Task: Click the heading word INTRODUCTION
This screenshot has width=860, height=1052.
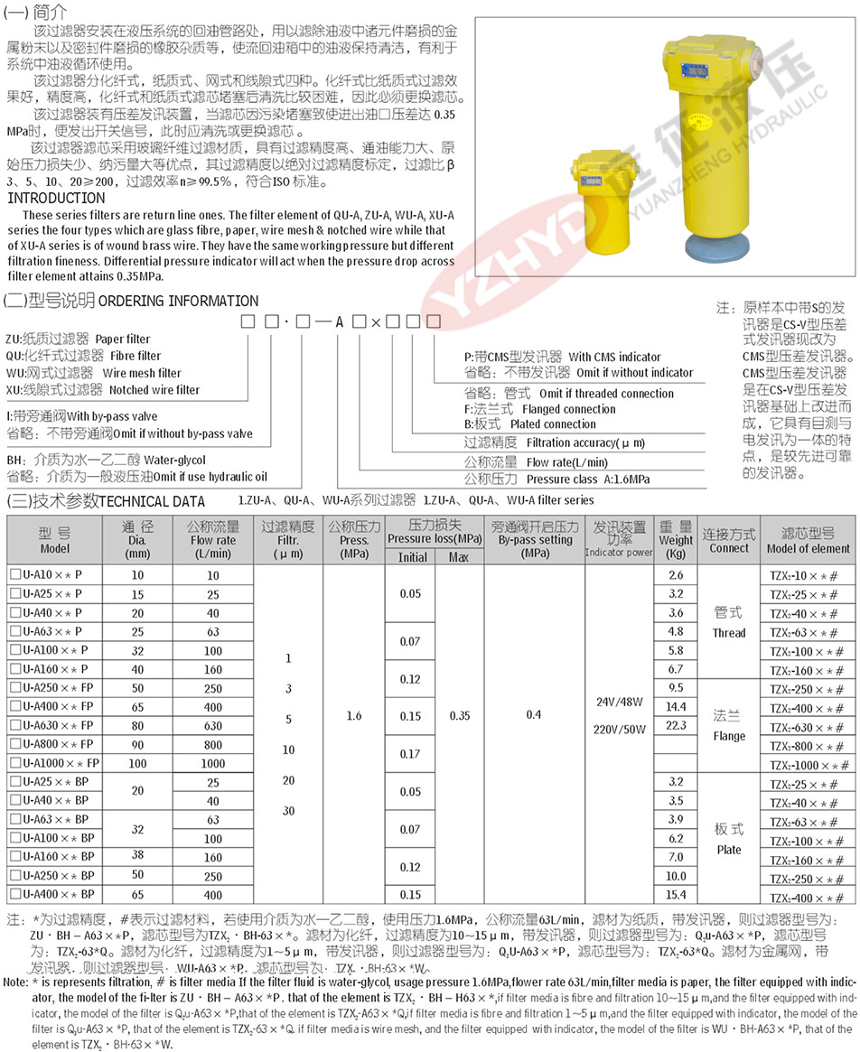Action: [56, 198]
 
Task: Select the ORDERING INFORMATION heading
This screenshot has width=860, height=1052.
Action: [177, 301]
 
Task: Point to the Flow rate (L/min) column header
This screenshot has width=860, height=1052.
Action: [213, 541]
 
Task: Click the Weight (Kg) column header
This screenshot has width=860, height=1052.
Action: [676, 541]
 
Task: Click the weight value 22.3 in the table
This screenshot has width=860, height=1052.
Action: [676, 725]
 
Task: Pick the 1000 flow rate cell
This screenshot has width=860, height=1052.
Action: [213, 763]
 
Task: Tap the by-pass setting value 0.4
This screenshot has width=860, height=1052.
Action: [534, 715]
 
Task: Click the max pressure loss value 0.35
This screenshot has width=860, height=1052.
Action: [459, 715]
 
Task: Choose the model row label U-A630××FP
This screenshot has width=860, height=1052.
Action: [54, 725]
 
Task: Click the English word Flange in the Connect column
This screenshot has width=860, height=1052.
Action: [728, 736]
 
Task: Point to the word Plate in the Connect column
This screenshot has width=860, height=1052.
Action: [728, 850]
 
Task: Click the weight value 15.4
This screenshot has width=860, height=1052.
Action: [676, 895]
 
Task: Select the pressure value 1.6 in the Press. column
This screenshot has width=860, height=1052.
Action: [354, 715]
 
